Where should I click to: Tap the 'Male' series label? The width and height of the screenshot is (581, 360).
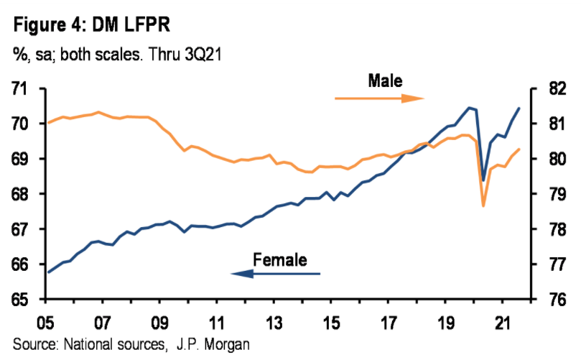(x=385, y=80)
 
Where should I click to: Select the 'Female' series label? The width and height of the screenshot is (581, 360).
(x=280, y=259)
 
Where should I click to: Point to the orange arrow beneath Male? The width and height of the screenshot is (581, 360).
(x=380, y=98)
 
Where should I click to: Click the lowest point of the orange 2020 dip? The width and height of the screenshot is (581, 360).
(x=483, y=206)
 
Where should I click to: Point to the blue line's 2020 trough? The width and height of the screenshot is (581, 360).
(x=483, y=180)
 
